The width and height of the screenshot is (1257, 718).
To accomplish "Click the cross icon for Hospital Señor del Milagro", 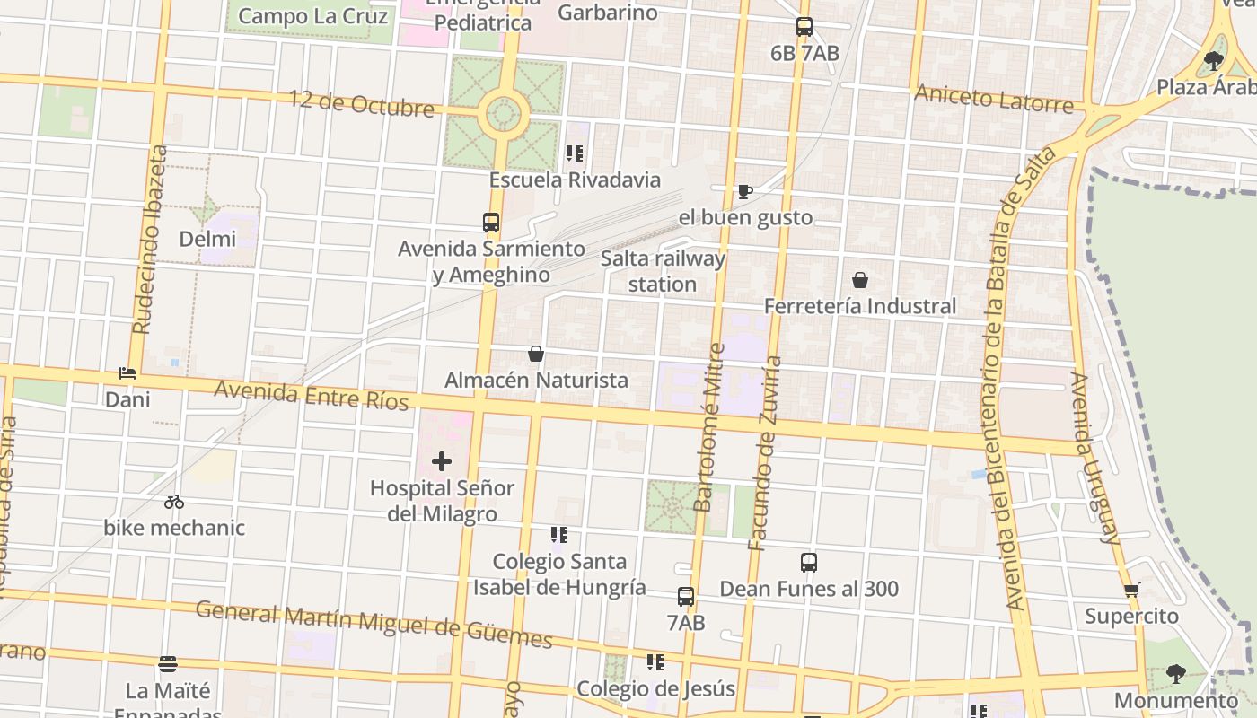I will pos(442,461).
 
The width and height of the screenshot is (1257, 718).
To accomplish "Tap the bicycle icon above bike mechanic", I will pos(174,502).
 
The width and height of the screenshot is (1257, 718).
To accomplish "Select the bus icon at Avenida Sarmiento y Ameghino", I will pos(491,222).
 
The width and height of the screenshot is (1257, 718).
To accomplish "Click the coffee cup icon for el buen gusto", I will pos(744,191).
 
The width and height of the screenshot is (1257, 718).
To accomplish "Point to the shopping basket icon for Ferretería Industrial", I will pos(860,280).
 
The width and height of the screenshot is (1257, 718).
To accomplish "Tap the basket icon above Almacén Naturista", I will pos(536,354).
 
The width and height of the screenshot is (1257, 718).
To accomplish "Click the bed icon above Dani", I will pos(127,373).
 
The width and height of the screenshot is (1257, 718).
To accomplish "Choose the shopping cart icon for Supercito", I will pos(1131,591).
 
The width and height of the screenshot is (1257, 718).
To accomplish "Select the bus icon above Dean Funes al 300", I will pos(809,563).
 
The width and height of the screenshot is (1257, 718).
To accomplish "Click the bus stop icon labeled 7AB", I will pos(686,596).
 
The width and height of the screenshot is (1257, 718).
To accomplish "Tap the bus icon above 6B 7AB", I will pos(804,27).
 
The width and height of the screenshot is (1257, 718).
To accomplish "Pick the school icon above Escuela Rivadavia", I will pos(575,153).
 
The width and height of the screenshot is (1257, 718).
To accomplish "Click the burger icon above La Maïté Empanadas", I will pos(168,664).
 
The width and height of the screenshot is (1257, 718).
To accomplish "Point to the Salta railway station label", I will pos(663,271).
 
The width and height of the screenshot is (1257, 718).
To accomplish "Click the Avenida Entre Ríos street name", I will pos(311,395).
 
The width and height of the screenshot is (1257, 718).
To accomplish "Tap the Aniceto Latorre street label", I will pos(993,98).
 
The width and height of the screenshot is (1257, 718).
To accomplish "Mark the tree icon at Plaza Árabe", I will pos(1214,61).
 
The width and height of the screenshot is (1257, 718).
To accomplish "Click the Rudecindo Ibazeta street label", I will pos(149,240).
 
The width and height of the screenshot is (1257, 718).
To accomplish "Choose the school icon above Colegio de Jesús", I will pos(655,662).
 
